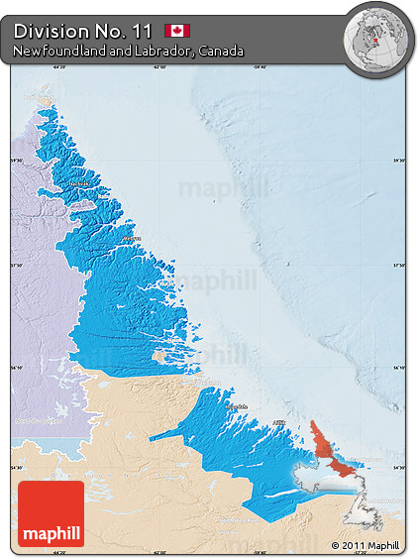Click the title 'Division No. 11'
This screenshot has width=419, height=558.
(x=83, y=30)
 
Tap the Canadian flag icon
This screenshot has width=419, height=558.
(x=178, y=31)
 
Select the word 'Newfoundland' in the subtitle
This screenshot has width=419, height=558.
(x=56, y=51)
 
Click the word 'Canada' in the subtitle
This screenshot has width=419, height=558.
(x=220, y=51)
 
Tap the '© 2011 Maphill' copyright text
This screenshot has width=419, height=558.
(x=366, y=546)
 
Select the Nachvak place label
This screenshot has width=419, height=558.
(x=78, y=184)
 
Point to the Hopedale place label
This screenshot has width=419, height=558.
(x=236, y=406)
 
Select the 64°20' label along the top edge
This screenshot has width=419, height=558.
(x=58, y=67)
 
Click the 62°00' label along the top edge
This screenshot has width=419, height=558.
(x=159, y=67)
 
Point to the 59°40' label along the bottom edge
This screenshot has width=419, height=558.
(x=260, y=552)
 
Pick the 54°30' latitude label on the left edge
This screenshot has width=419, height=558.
(x=17, y=468)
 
